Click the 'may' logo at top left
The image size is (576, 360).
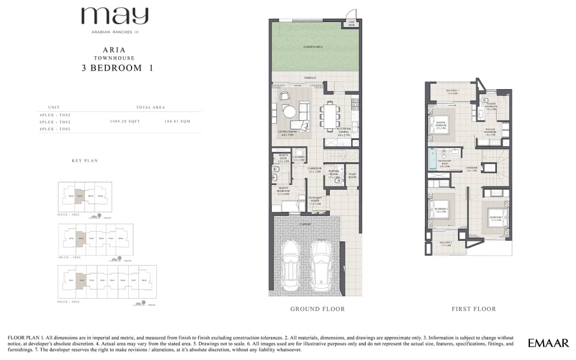pyautogui.click(x=114, y=17)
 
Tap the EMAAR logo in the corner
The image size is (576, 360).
pyautogui.click(x=548, y=343)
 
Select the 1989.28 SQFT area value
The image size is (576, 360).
pyautogui.click(x=125, y=122)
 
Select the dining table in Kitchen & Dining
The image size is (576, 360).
pyautogui.click(x=329, y=117)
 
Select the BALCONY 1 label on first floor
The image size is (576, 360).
pyautogui.click(x=453, y=92)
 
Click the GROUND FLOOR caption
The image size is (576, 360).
pyautogui.click(x=317, y=309)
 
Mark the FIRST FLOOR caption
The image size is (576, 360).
pyautogui.click(x=473, y=309)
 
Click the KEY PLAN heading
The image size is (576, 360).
pyautogui.click(x=84, y=161)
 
